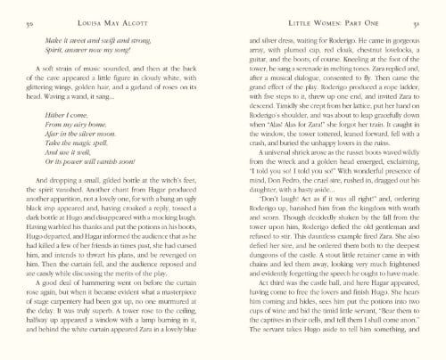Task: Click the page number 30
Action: tap(30, 18)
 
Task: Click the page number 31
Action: tap(416, 18)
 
